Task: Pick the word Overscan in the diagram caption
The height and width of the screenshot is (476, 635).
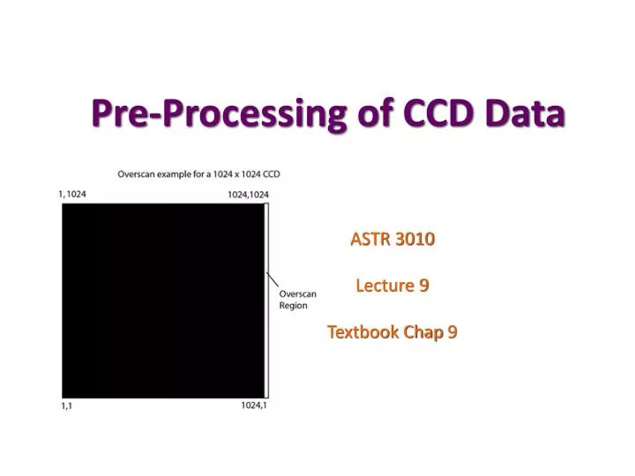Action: (138, 175)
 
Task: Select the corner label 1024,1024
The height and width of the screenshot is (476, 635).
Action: (248, 194)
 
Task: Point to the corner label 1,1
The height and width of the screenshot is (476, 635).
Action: (67, 405)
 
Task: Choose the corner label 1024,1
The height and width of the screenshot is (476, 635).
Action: (254, 405)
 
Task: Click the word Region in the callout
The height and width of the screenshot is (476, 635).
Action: (293, 306)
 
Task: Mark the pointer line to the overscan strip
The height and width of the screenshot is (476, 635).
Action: (273, 282)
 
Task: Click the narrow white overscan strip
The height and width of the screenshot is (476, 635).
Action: (267, 300)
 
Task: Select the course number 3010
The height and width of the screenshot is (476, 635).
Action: (415, 239)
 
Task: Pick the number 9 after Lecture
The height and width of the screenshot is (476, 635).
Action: (424, 286)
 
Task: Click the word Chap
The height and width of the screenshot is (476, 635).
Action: (425, 332)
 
